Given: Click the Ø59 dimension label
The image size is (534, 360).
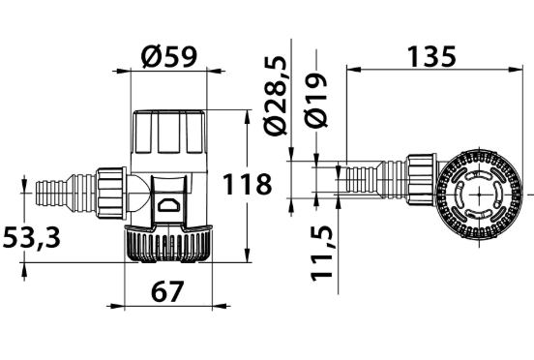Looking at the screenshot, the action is click(x=169, y=56).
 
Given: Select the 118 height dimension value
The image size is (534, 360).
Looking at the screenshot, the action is click(x=247, y=184).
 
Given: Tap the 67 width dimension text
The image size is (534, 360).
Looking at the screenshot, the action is click(x=167, y=291).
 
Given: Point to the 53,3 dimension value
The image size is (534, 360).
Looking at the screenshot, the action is click(x=31, y=238).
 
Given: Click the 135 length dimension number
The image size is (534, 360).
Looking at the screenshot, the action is click(x=431, y=56).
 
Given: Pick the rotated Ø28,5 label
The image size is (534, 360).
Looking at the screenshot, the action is click(x=276, y=96).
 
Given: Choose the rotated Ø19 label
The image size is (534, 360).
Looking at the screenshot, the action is click(x=316, y=100).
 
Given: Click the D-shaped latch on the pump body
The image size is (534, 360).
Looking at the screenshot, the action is click(x=168, y=206).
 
